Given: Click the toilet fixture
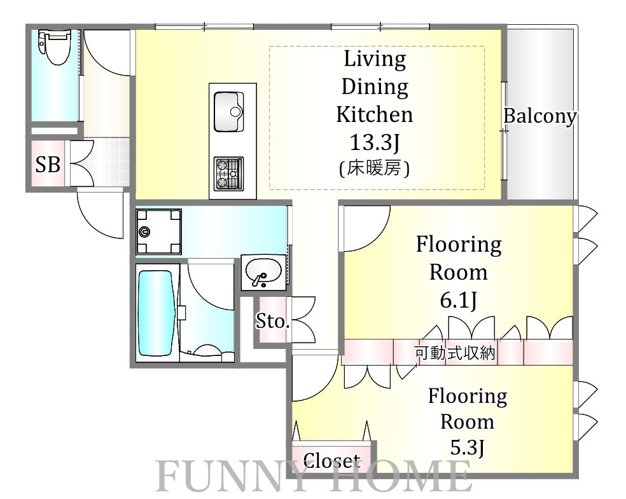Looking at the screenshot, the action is point(54,47).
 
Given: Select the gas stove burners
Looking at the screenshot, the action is point(228,173).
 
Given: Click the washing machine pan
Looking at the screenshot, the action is point(158,232).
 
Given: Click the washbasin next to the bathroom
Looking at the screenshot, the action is point(263,273).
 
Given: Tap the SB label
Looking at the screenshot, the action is point(48,164).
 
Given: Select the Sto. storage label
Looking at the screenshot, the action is point(272,321).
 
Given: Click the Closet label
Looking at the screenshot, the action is point(331,461).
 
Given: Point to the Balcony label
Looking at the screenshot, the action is point(540,116).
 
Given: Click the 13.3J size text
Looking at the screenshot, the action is point(375,142).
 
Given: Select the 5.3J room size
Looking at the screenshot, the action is point(467,448).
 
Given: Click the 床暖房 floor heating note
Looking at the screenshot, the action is point(374,168).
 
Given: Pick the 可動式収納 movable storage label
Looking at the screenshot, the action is point(455,353).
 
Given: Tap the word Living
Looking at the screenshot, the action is point(375,60).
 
